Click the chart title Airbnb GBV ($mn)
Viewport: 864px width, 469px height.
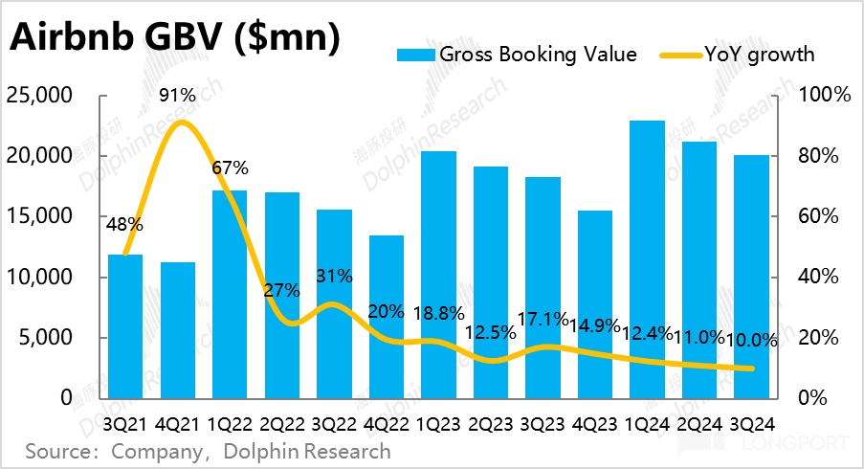(x=174, y=39)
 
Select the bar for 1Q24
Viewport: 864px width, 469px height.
(x=646, y=258)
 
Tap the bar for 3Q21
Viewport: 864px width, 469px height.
(x=125, y=325)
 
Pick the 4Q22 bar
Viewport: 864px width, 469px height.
(x=386, y=316)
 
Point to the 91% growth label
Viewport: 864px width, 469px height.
(x=178, y=96)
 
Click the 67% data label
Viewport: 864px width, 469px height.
(x=230, y=168)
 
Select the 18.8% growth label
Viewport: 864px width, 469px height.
(x=438, y=313)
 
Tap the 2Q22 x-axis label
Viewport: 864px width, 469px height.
(x=282, y=421)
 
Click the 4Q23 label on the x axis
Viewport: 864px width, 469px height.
(x=594, y=421)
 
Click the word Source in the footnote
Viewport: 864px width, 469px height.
(x=59, y=451)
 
